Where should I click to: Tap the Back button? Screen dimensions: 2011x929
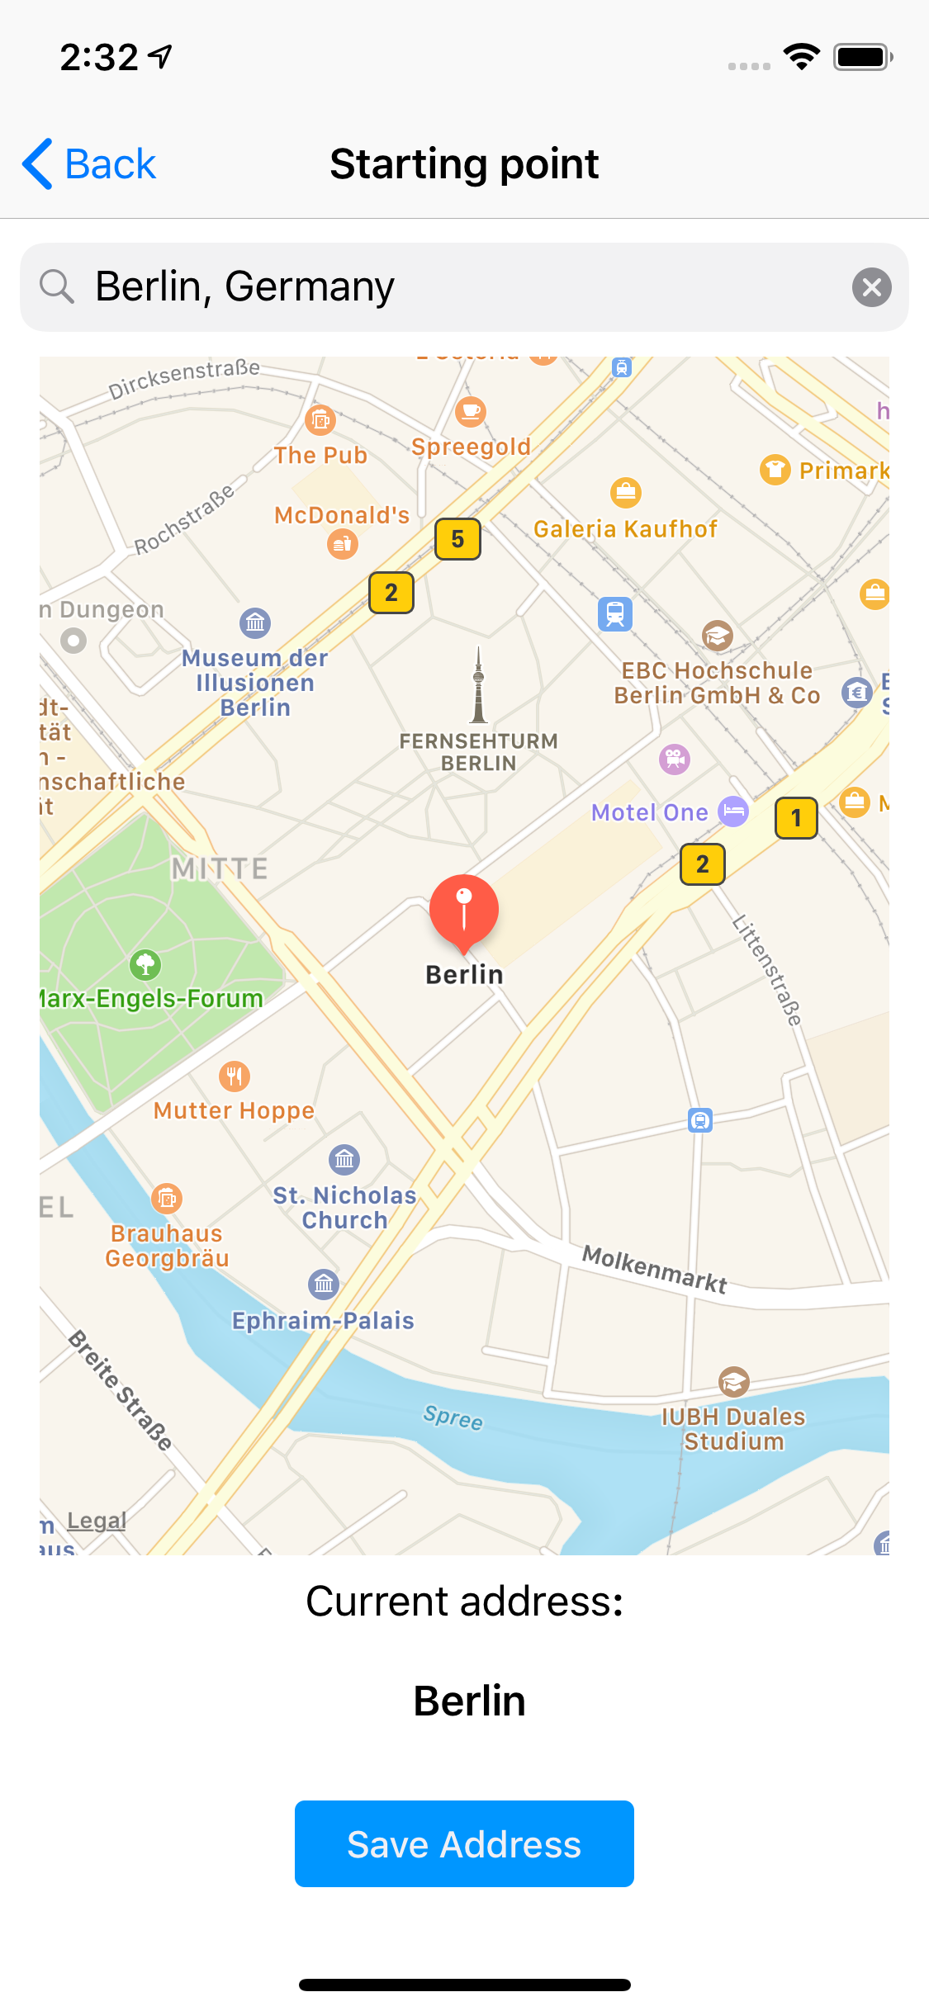coord(89,163)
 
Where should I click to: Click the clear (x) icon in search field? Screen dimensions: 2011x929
coord(871,287)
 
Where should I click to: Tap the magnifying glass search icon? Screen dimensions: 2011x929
coord(57,286)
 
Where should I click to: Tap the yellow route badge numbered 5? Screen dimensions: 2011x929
coord(457,539)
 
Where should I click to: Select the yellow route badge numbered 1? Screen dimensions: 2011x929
coord(796,818)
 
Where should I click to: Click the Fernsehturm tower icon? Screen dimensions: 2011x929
coord(478,685)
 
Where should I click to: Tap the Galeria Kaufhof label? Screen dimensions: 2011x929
coord(625,529)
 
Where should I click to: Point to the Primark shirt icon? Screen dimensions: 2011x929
coord(775,470)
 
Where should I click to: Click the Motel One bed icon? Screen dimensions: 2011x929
coord(733,811)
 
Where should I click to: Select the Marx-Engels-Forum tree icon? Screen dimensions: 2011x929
coord(145,963)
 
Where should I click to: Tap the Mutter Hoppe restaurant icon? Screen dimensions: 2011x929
coord(235,1076)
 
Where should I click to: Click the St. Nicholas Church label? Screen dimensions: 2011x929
coord(344,1208)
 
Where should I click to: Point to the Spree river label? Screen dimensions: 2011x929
coord(453,1417)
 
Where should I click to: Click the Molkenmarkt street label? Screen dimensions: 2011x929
coord(654,1269)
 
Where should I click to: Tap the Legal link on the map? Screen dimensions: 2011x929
coord(97,1520)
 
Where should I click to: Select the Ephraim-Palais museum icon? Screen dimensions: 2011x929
coord(324,1284)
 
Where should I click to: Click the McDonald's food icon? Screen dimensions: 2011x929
coord(343,544)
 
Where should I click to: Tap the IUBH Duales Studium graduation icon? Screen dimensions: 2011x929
coord(733,1381)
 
